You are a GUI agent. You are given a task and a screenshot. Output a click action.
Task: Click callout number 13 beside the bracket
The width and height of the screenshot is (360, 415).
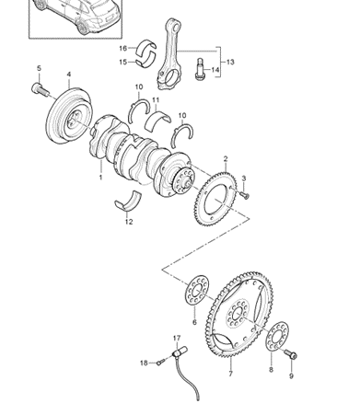pyautogui.click(x=230, y=62)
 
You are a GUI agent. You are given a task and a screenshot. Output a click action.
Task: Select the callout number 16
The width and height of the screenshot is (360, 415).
pyautogui.click(x=122, y=48)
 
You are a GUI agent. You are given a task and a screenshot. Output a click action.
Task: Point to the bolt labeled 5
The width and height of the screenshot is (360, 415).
pyautogui.click(x=40, y=89)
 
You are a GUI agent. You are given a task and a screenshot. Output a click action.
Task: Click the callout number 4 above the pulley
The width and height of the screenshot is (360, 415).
pyautogui.click(x=69, y=75)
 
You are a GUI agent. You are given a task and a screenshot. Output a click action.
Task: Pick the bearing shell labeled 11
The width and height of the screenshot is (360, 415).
pyautogui.click(x=157, y=120)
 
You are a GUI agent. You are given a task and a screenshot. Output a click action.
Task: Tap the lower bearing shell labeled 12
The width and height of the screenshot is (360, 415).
pyautogui.click(x=129, y=201)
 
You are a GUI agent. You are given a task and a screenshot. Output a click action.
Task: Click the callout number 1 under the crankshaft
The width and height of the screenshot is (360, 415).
pyautogui.click(x=100, y=178)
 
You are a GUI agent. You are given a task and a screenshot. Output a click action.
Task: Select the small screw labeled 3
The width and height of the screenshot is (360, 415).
pyautogui.click(x=245, y=195)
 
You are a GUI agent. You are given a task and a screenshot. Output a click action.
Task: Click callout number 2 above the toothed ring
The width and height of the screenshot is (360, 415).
pyautogui.click(x=226, y=159)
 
